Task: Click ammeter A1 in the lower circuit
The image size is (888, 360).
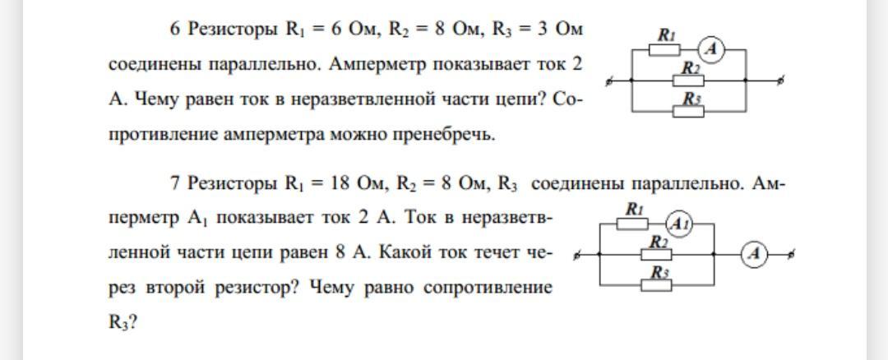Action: [679, 224]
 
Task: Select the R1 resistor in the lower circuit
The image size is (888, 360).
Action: [632, 223]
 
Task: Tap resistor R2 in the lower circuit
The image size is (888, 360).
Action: [657, 255]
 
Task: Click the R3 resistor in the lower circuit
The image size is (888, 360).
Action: [657, 284]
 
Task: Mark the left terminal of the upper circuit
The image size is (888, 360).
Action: [608, 82]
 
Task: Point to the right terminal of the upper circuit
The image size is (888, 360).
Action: [780, 81]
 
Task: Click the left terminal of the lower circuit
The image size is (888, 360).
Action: [576, 256]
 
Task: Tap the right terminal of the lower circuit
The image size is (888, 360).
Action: [791, 255]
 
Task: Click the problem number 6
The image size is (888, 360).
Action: [175, 30]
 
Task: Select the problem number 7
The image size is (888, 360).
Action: [175, 184]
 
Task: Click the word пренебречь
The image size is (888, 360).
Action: [452, 134]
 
